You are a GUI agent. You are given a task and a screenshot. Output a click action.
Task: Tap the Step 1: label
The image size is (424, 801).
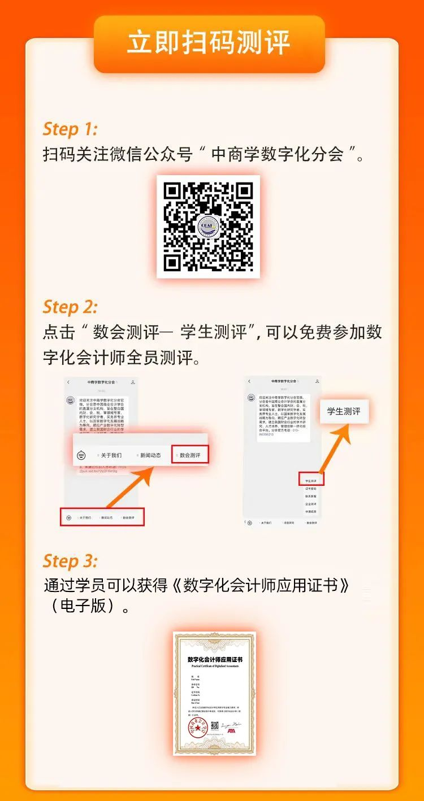click(70, 129)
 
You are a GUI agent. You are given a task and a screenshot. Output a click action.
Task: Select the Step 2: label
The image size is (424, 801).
click(70, 307)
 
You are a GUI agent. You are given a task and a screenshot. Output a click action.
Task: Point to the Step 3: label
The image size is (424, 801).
click(70, 561)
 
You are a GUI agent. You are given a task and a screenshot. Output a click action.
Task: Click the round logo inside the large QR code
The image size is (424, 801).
click(208, 227)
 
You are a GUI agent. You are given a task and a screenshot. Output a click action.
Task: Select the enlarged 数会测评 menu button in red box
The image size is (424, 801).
click(190, 455)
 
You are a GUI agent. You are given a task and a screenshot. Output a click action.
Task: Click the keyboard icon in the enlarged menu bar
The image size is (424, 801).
click(81, 455)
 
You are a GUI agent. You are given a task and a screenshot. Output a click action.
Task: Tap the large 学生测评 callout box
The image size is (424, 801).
click(344, 411)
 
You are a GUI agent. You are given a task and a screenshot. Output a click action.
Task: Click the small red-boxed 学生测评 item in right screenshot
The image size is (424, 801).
click(310, 481)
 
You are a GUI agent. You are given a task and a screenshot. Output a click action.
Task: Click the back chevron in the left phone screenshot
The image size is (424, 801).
click(68, 382)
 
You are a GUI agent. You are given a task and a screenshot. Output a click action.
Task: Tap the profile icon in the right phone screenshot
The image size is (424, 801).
click(317, 382)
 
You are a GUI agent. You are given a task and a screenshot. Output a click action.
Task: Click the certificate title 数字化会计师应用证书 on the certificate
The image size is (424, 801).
click(214, 659)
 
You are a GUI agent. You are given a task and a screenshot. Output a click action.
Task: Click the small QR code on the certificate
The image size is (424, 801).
click(214, 725)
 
